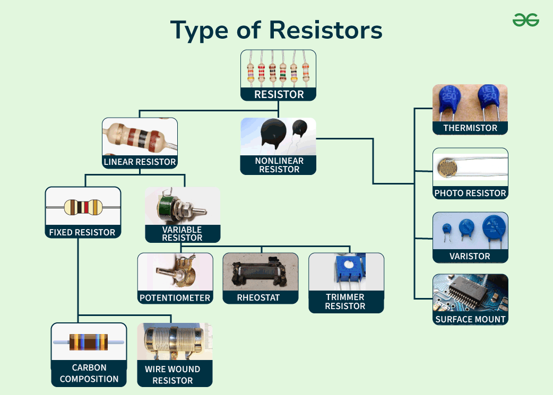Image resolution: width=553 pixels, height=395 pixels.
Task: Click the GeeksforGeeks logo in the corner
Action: [x=525, y=20]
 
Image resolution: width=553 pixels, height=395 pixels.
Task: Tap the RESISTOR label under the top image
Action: [x=279, y=94]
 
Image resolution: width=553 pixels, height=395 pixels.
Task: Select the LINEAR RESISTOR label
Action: [x=140, y=162]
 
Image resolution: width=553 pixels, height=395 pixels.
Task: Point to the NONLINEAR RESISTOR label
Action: [x=279, y=165]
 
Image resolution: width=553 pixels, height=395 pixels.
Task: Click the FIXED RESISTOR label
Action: [x=82, y=232]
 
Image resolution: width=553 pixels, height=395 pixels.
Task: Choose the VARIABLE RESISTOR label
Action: [x=182, y=233]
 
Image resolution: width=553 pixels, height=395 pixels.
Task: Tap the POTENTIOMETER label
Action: [x=175, y=298]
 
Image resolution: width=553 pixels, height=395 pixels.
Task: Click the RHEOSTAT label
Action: [x=258, y=298]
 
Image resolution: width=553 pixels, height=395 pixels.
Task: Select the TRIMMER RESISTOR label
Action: [x=345, y=302]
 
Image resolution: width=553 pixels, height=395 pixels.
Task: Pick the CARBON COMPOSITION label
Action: [x=89, y=373]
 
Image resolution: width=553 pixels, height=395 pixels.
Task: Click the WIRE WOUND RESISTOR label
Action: [x=172, y=375]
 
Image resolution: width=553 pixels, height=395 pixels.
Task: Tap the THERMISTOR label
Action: [x=470, y=128]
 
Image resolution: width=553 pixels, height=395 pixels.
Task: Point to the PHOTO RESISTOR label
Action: [x=470, y=193]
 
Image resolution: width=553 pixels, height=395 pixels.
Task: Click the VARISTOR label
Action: [x=470, y=256]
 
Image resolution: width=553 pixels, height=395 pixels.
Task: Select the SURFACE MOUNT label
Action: [x=470, y=319]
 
